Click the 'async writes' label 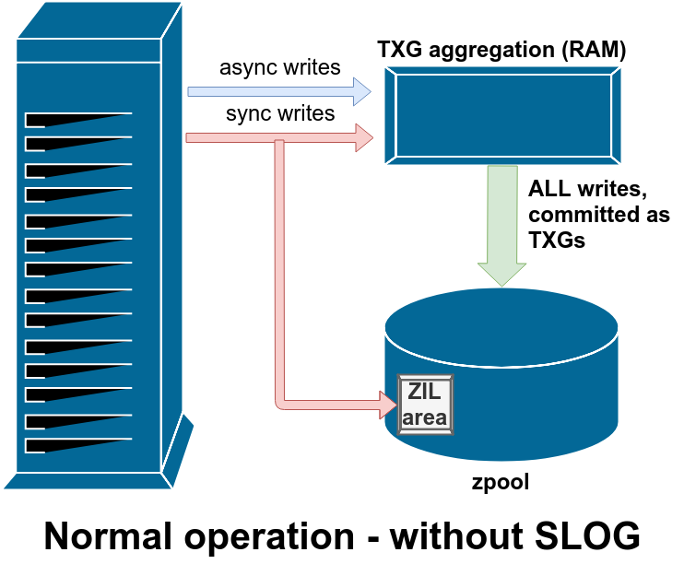click(279, 67)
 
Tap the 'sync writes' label click(280, 114)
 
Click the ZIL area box click(424, 405)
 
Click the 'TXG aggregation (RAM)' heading click(502, 50)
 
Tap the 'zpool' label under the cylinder click(501, 482)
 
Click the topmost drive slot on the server click(78, 120)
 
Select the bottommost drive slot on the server click(78, 446)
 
